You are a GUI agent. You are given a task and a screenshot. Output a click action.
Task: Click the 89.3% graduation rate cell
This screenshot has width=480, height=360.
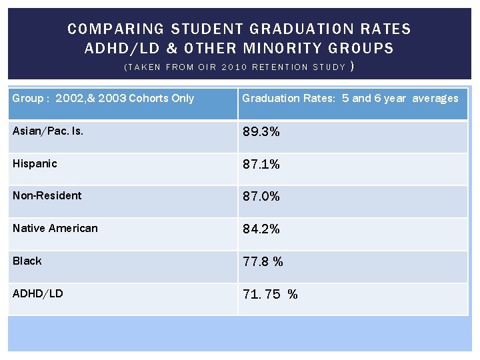click(x=261, y=132)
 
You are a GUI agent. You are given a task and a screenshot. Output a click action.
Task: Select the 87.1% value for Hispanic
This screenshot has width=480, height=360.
click(x=261, y=164)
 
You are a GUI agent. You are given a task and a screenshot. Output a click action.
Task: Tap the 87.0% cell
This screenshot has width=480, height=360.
click(x=261, y=197)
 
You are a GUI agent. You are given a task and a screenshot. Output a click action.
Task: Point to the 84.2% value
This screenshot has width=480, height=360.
click(x=261, y=229)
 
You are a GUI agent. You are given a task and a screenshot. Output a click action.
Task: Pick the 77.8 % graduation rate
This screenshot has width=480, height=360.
click(x=263, y=262)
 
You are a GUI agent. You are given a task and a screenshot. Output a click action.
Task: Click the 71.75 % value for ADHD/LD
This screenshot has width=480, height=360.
click(x=270, y=295)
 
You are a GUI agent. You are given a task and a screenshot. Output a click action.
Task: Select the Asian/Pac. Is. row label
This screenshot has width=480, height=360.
click(x=48, y=131)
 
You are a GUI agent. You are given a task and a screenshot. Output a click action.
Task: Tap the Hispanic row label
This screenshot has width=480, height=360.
click(x=35, y=163)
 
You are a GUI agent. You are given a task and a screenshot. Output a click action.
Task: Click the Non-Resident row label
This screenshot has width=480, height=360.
click(x=47, y=195)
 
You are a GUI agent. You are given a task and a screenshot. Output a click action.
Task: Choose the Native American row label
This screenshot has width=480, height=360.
click(x=55, y=228)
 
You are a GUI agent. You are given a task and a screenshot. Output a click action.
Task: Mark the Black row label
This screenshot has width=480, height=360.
click(x=27, y=261)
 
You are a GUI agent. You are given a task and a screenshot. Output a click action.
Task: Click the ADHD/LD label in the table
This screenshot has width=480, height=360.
click(x=38, y=293)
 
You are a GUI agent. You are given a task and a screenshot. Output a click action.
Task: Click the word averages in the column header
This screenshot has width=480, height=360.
click(x=435, y=98)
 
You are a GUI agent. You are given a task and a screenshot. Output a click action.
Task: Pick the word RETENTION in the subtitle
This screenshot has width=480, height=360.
click(x=284, y=67)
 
